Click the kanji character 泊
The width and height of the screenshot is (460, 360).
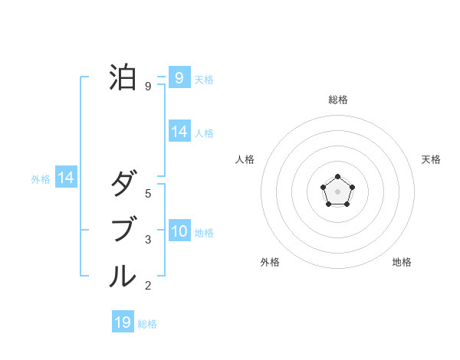click(x=123, y=77)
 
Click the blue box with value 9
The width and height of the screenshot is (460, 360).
click(x=179, y=77)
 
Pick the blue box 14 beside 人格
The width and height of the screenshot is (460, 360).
click(x=179, y=132)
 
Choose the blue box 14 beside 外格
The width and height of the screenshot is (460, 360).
click(x=66, y=178)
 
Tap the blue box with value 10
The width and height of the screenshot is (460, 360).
click(x=179, y=231)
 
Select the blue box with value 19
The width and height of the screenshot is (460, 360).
click(x=123, y=322)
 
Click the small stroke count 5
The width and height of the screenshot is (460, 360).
click(x=148, y=194)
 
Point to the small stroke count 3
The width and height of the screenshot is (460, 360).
click(x=148, y=240)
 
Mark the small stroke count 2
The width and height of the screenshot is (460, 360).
click(x=148, y=286)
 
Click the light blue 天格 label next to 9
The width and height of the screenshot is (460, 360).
click(x=204, y=79)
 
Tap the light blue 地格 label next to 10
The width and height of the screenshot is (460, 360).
click(x=204, y=233)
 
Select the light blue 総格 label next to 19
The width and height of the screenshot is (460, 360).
click(x=147, y=324)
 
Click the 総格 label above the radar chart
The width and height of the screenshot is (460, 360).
click(x=337, y=100)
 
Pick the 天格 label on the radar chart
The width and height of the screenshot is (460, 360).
click(x=431, y=159)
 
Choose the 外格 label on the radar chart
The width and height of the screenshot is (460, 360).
click(x=270, y=262)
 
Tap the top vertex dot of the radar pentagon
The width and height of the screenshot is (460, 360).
click(x=337, y=178)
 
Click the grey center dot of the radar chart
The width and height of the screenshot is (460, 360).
click(x=337, y=191)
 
